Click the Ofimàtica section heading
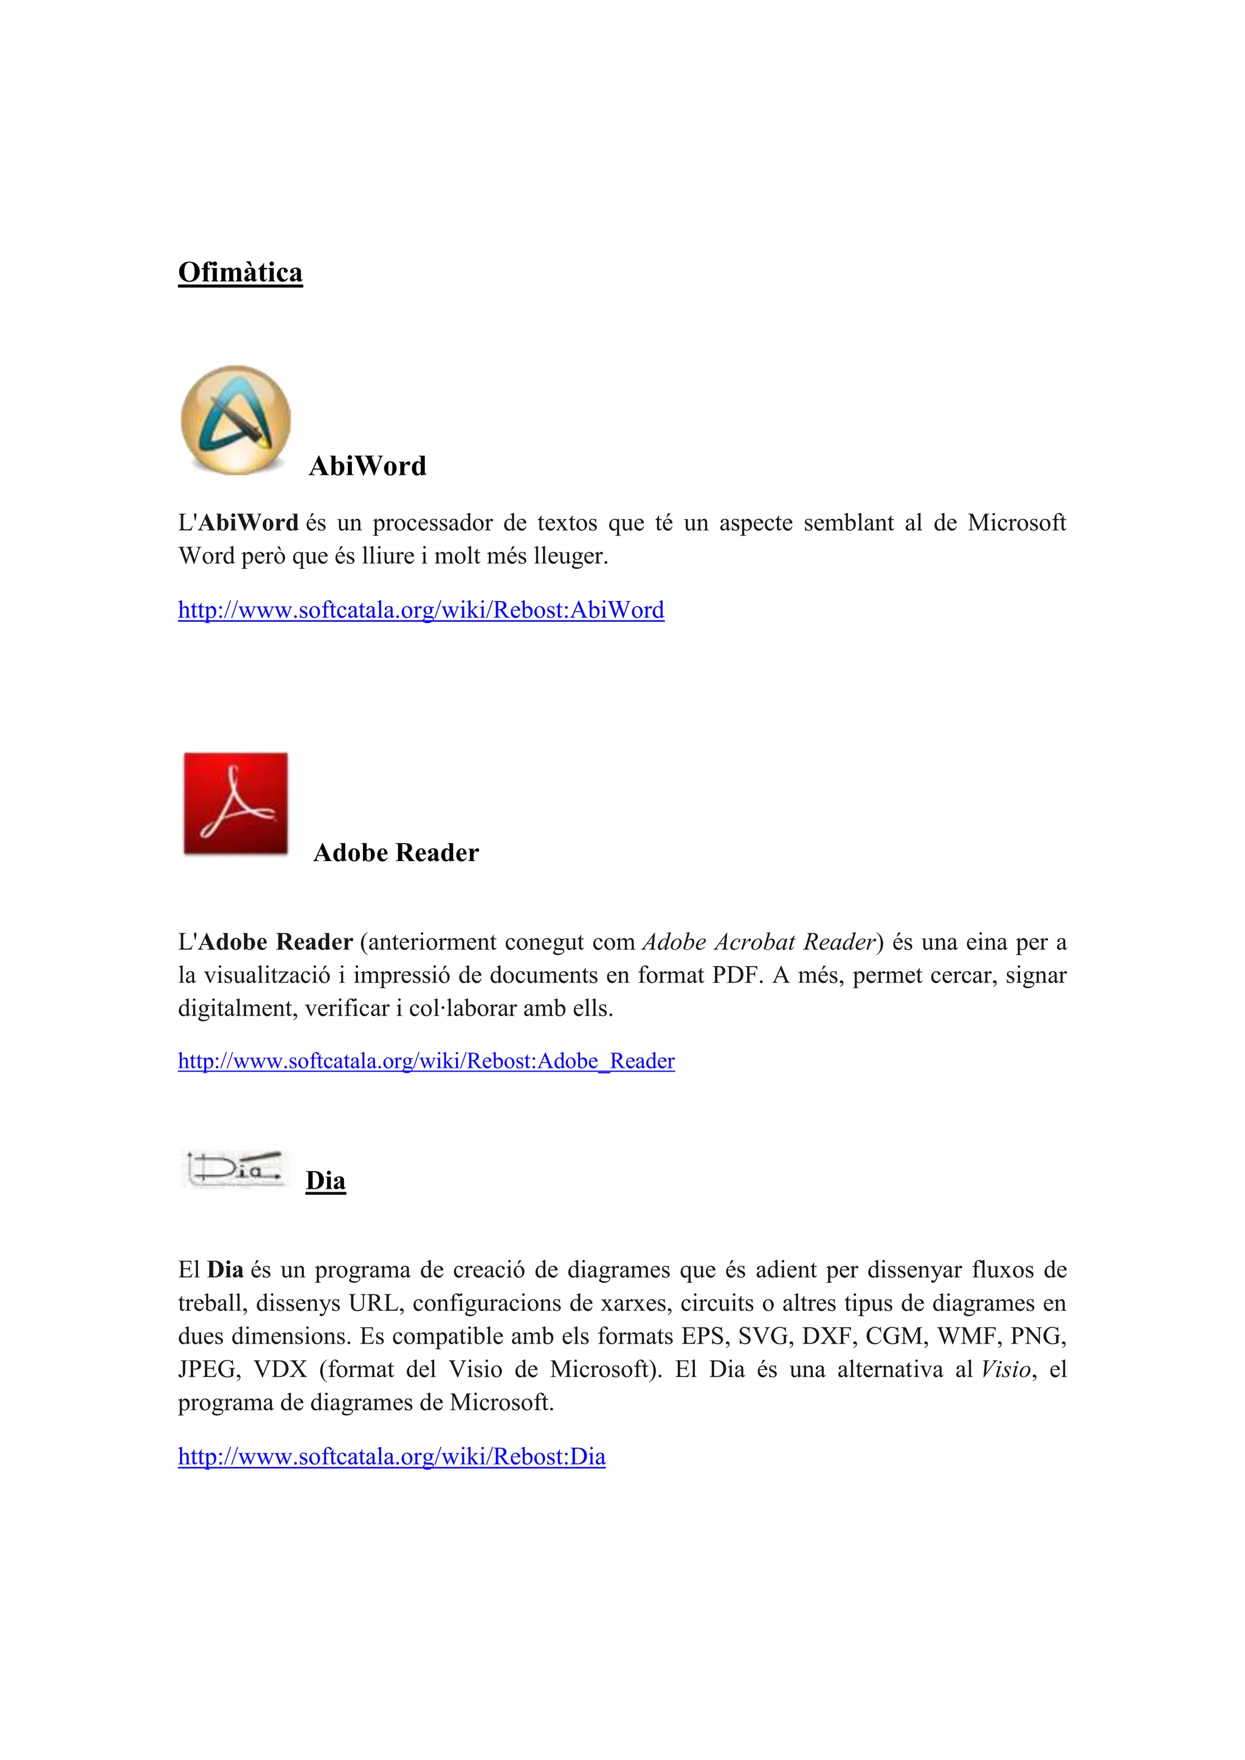tap(240, 273)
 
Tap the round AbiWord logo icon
tap(235, 420)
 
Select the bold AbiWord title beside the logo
tap(367, 466)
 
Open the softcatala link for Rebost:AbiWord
tap(421, 610)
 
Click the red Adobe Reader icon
tap(235, 803)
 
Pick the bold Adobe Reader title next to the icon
tap(396, 853)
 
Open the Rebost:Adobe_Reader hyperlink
tap(426, 1061)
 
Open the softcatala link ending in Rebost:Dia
tap(391, 1457)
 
